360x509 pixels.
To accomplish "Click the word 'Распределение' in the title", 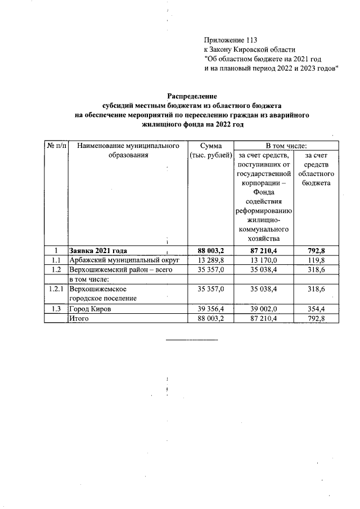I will point(192,96).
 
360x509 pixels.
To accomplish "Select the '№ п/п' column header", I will point(56,146).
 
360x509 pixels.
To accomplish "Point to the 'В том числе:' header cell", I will point(286,146).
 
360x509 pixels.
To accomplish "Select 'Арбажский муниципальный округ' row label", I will point(124,260).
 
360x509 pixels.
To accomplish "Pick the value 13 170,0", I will point(262,260).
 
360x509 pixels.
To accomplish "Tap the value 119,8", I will point(315,260).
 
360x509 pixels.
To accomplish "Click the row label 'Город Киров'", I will point(90,309).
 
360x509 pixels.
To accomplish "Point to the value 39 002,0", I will point(262,309).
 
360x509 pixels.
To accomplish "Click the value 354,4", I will point(315,309).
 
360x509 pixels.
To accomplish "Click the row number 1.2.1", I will point(56,289).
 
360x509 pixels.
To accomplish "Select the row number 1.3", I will point(56,309).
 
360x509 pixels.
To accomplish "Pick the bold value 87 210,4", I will point(262,251).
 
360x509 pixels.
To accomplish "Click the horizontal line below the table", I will point(192,340).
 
